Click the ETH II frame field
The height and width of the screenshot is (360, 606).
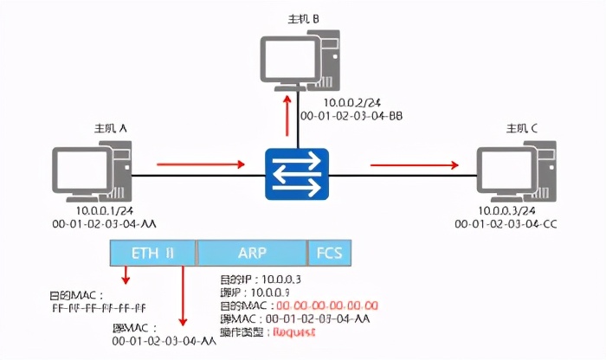coord(152,253)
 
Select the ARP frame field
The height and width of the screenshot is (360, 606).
coord(252,253)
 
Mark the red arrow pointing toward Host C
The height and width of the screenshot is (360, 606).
coord(413,162)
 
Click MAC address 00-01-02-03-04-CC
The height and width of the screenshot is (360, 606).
coord(506,223)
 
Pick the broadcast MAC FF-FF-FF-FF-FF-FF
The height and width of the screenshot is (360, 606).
coord(96,307)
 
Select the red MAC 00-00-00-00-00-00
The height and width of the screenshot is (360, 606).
coord(326,306)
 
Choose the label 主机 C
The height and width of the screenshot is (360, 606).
coord(522,129)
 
